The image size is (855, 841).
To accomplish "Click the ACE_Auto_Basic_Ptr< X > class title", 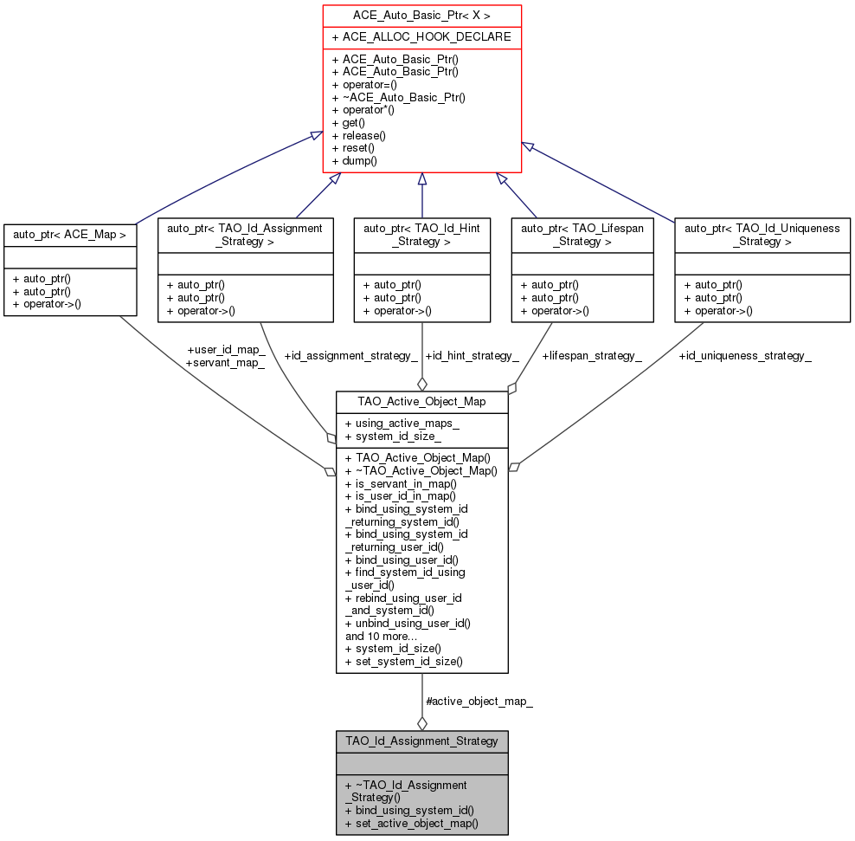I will pyautogui.click(x=421, y=16).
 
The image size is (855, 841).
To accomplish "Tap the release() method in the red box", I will pyautogui.click(x=359, y=135).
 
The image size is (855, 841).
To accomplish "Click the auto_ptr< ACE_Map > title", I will pyautogui.click(x=70, y=235).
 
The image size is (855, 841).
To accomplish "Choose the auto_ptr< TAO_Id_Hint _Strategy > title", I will pyautogui.click(x=421, y=235).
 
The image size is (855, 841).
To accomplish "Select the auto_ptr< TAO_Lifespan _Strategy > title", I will pyautogui.click(x=583, y=235).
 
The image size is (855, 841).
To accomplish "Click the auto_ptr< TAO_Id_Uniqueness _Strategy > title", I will pyautogui.click(x=762, y=235).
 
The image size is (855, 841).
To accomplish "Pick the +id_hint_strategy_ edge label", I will pyautogui.click(x=472, y=355).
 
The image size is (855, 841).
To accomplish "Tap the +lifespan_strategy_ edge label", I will pyautogui.click(x=592, y=355).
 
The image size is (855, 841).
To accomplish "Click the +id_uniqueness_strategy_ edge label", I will pyautogui.click(x=744, y=355).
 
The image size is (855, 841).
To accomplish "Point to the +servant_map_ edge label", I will pyautogui.click(x=225, y=363).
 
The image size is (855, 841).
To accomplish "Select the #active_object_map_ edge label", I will pyautogui.click(x=479, y=701).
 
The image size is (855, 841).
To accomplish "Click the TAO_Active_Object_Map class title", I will pyautogui.click(x=421, y=402).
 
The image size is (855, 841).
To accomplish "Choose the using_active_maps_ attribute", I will pyautogui.click(x=402, y=424).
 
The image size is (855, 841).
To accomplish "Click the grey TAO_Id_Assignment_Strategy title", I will pyautogui.click(x=421, y=741).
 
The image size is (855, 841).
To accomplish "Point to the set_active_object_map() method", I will pyautogui.click(x=411, y=823).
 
